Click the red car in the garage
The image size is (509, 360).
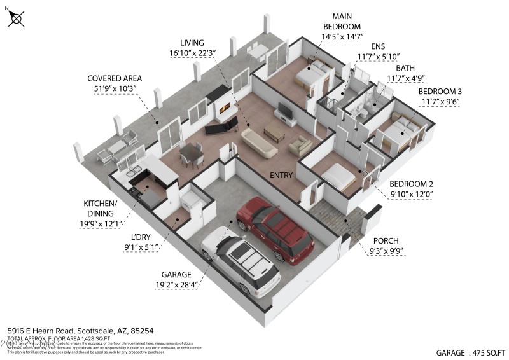[x=275, y=230]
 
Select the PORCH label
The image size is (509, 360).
[x=386, y=246]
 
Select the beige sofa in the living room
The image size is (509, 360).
[x=258, y=142]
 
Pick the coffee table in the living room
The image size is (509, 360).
[x=274, y=132]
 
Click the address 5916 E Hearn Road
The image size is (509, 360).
[x=80, y=331]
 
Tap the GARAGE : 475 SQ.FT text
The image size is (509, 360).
[x=470, y=352]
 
